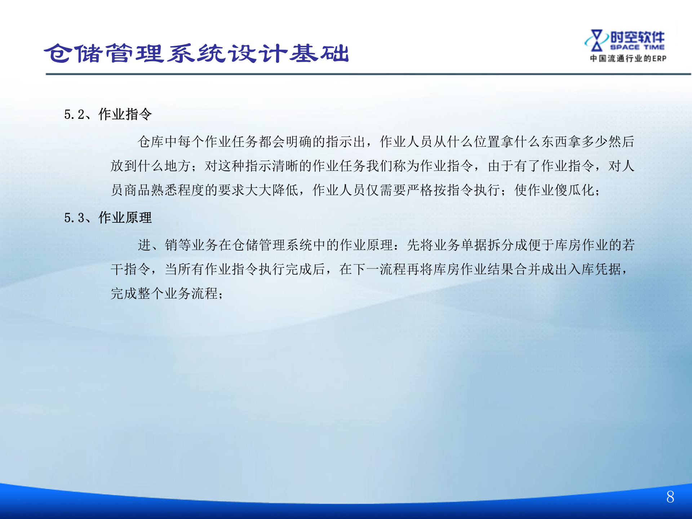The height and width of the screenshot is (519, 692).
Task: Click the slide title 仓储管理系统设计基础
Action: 196,53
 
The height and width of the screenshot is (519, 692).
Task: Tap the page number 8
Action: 670,497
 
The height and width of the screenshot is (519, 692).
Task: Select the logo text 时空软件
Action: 637,37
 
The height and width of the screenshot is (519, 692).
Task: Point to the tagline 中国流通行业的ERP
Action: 628,58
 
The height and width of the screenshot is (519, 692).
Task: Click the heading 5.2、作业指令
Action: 108,114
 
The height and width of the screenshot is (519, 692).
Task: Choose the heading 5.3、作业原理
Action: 108,218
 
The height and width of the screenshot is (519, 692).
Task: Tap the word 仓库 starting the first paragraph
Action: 151,142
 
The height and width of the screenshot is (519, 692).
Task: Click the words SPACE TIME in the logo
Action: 637,47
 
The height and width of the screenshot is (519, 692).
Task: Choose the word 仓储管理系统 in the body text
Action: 272,245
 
